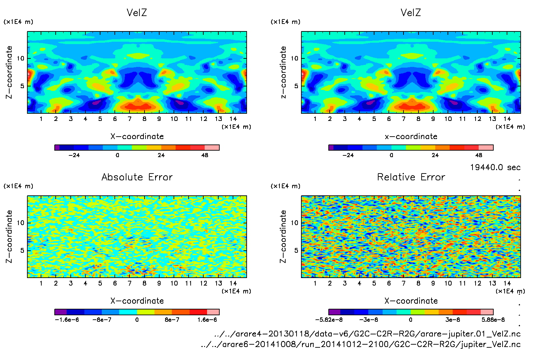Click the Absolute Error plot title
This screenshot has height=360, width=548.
(137, 177)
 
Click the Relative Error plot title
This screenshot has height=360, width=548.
(411, 177)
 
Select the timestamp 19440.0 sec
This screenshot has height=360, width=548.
(495, 167)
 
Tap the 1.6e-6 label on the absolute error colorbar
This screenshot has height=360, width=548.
(207, 320)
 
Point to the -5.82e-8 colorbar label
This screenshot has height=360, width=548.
(329, 320)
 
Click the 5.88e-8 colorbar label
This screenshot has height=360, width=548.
(493, 320)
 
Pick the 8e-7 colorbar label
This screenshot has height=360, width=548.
(172, 320)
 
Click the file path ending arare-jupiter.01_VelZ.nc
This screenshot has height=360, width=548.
(367, 334)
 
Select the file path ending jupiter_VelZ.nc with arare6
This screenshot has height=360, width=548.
(361, 344)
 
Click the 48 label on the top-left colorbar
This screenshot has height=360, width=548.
(205, 155)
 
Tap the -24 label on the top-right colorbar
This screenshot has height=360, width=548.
(348, 155)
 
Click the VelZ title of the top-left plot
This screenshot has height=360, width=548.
(137, 13)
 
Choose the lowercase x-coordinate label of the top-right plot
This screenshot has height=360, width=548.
(411, 136)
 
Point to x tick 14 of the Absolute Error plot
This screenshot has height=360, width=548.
(233, 283)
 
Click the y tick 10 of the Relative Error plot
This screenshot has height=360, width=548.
(294, 223)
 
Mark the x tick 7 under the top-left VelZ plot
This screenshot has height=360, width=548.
(129, 119)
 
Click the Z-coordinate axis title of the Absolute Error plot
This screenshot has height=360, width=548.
(9, 236)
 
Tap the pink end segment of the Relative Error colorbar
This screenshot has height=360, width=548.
(487, 312)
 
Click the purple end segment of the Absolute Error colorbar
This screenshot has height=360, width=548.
(60, 312)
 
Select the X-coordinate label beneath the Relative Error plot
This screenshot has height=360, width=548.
(411, 301)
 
